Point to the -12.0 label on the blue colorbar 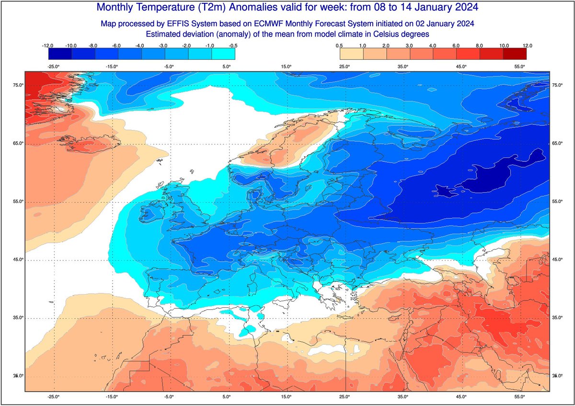(48, 45)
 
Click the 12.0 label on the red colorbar (527, 45)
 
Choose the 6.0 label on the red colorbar (457, 45)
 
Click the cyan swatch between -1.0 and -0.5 (223, 54)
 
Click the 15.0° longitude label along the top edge (286, 67)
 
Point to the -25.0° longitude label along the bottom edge (53, 396)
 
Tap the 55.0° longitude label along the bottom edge (520, 396)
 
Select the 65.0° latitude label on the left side (18, 144)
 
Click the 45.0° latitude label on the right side (557, 260)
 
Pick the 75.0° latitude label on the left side (18, 85)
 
